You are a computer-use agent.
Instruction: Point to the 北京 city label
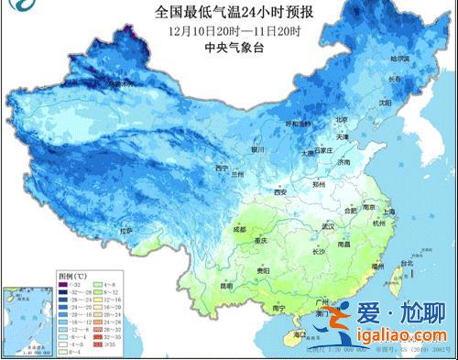pyautogui.click(x=315, y=119)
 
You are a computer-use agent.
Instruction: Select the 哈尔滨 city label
pyautogui.click(x=376, y=59)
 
